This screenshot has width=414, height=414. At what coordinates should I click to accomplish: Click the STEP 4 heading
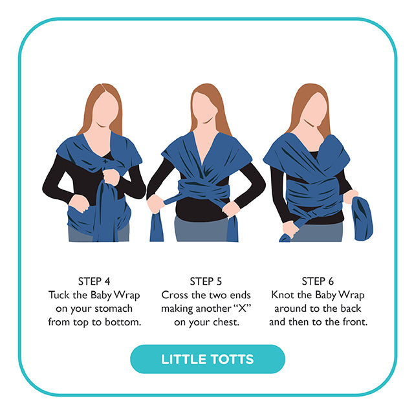coord(94,281)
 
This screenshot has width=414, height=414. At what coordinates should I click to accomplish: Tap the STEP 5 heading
coord(206,281)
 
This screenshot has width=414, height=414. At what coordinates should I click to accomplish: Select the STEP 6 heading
coord(318,281)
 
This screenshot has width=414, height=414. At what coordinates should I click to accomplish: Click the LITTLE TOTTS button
coord(208,359)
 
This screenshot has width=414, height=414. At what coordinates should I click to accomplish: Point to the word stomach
coord(114,309)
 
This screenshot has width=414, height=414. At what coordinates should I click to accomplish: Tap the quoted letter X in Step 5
coord(242,308)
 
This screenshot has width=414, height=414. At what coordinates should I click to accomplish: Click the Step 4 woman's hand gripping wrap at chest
coord(111,177)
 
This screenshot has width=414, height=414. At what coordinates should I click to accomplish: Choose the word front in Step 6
coord(355,322)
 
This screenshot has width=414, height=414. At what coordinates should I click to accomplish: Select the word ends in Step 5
coord(240,295)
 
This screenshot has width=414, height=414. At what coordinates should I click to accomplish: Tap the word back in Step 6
coord(351,309)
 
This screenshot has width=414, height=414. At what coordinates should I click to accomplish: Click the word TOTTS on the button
coord(232,360)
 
